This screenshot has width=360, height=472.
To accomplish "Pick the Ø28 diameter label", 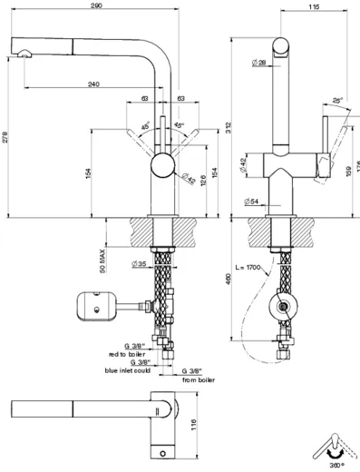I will pos(258,63).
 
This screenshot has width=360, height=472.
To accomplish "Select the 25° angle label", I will pos(336,100).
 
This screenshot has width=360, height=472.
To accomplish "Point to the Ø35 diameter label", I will pos(140,265).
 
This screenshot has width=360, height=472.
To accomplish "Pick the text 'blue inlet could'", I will pos(129,370).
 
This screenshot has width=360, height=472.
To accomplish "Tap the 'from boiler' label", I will pos(200,379).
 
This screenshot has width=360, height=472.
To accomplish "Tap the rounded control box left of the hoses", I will pos(96,304).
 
